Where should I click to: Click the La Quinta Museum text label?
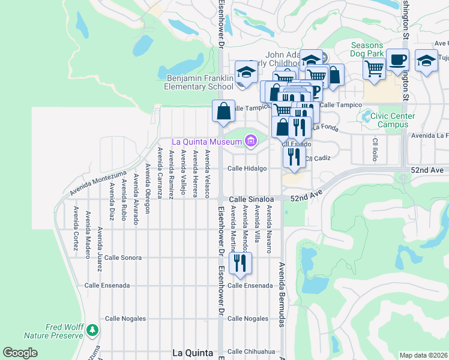click(206, 142)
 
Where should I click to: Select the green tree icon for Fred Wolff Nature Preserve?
click(92, 330)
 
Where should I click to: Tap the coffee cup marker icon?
click(397, 59)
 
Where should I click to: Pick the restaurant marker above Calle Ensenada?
click(240, 263)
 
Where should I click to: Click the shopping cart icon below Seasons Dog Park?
click(374, 69)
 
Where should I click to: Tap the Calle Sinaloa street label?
click(250, 199)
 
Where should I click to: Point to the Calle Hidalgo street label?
click(247, 169)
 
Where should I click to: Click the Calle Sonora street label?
click(123, 257)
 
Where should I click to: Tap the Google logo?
click(20, 353)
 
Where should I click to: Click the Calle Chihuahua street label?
click(251, 351)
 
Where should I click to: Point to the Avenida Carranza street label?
click(160, 173)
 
